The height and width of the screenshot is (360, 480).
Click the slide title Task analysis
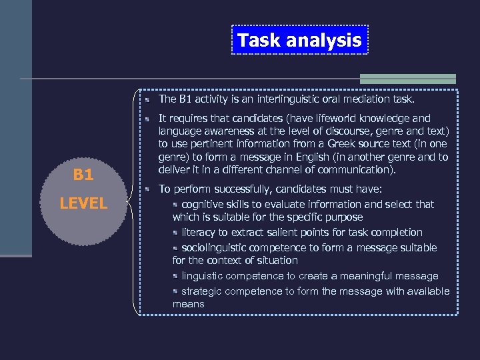[x=299, y=40]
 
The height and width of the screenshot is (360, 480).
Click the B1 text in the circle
[x=83, y=175]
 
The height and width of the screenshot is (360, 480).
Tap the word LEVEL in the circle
[x=83, y=203]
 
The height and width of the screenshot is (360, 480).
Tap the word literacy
[x=199, y=232]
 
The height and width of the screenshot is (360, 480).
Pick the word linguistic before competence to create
[x=202, y=276]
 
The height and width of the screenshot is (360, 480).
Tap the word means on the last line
[x=188, y=304]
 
